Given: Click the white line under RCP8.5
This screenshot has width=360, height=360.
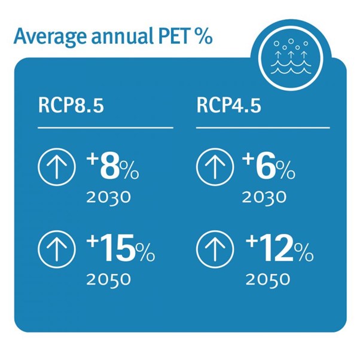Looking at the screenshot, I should [105, 127].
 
